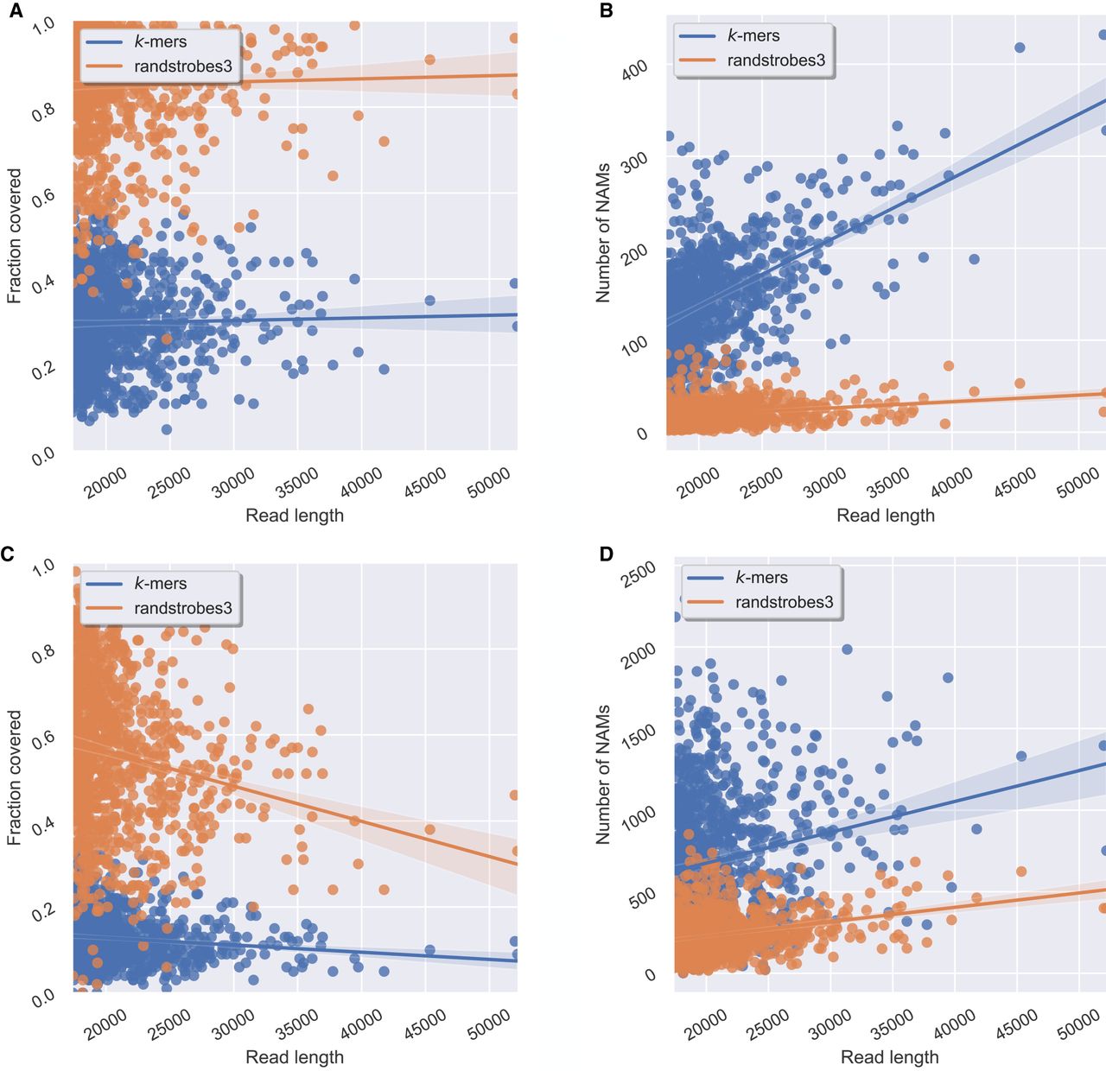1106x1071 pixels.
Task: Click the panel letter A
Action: pyautogui.click(x=16, y=11)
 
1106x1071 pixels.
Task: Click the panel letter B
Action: pyautogui.click(x=606, y=11)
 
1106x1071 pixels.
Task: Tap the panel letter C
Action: pyautogui.click(x=8, y=554)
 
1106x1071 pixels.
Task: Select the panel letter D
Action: pyautogui.click(x=606, y=554)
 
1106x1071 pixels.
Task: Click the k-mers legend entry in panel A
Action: pyautogui.click(x=160, y=41)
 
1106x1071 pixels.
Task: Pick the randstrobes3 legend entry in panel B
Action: pyautogui.click(x=776, y=60)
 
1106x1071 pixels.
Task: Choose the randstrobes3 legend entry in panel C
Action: pyautogui.click(x=182, y=608)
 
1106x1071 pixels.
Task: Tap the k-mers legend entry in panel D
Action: pyautogui.click(x=761, y=577)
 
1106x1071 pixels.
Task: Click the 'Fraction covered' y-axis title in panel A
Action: pyautogui.click(x=15, y=236)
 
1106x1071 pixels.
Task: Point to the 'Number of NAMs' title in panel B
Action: pyautogui.click(x=603, y=232)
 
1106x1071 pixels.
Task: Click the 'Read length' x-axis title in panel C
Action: pyautogui.click(x=295, y=1056)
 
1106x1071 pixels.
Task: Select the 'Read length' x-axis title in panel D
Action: pyautogui.click(x=889, y=1056)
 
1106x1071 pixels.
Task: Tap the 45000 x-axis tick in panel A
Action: pyautogui.click(x=426, y=482)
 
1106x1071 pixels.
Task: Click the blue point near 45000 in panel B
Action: pyautogui.click(x=1020, y=48)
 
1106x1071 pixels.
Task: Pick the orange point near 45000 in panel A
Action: pyautogui.click(x=429, y=60)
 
